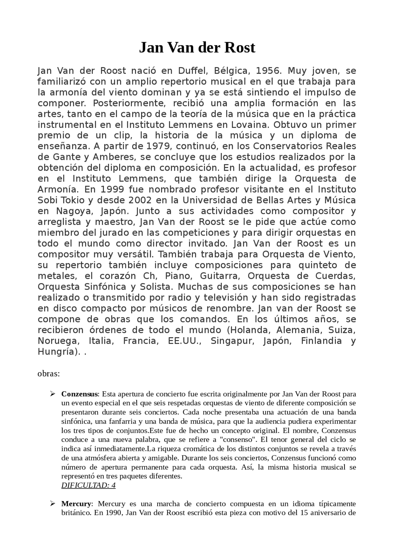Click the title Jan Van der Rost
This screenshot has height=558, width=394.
(197, 48)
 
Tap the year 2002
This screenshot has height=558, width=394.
(140, 200)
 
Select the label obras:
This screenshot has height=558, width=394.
(49, 374)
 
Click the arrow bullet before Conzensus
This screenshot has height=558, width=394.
(53, 394)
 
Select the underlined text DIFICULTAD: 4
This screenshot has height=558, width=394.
(88, 485)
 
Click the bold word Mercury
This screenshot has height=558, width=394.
(76, 504)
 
